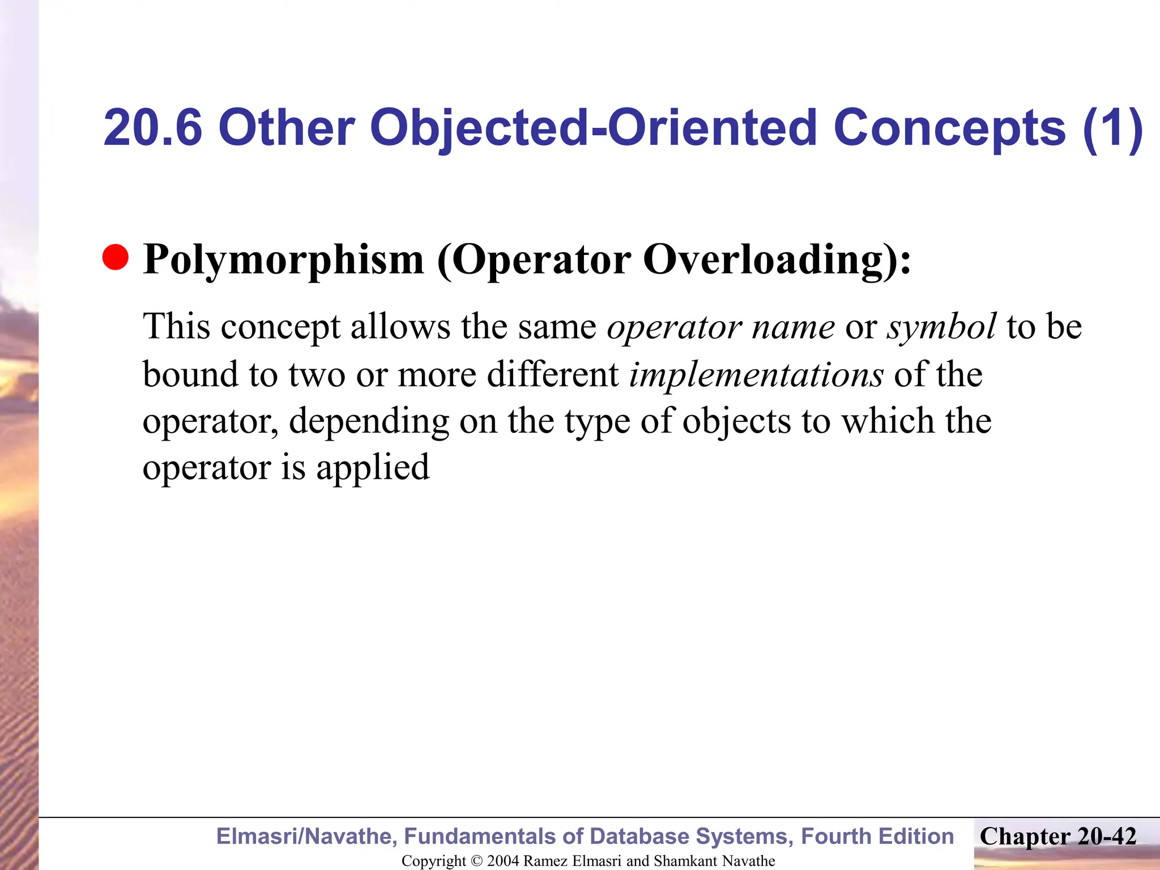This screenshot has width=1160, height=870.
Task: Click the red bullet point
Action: [x=116, y=258]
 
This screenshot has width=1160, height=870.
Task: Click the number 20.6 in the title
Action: [x=153, y=128]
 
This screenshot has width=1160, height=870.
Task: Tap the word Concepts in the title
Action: [x=950, y=128]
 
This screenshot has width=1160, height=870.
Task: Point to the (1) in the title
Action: [x=1112, y=128]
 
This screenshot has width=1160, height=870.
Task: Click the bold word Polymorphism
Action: [x=283, y=261]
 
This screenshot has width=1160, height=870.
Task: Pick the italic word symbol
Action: [x=941, y=327]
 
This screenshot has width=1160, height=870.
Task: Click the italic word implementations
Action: [x=756, y=375]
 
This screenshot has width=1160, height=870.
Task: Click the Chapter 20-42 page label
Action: [x=1058, y=837]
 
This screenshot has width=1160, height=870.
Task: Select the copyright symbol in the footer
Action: [x=477, y=861]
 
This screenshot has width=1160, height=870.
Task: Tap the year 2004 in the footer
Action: [x=503, y=861]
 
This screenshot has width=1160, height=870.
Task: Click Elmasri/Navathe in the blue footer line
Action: [x=306, y=837]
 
